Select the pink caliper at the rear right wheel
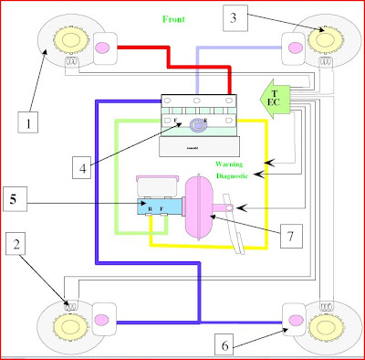(295, 317)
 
